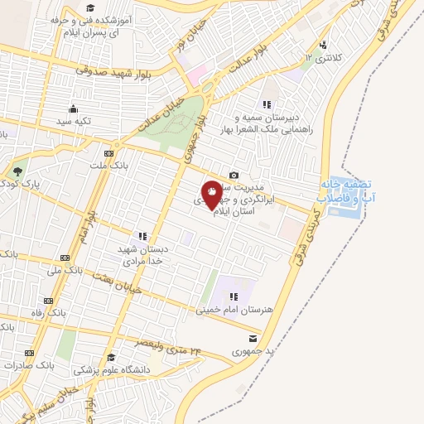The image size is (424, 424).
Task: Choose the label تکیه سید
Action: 73,121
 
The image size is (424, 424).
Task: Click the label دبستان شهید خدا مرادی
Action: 142,253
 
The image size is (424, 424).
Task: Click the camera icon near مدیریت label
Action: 234,175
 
